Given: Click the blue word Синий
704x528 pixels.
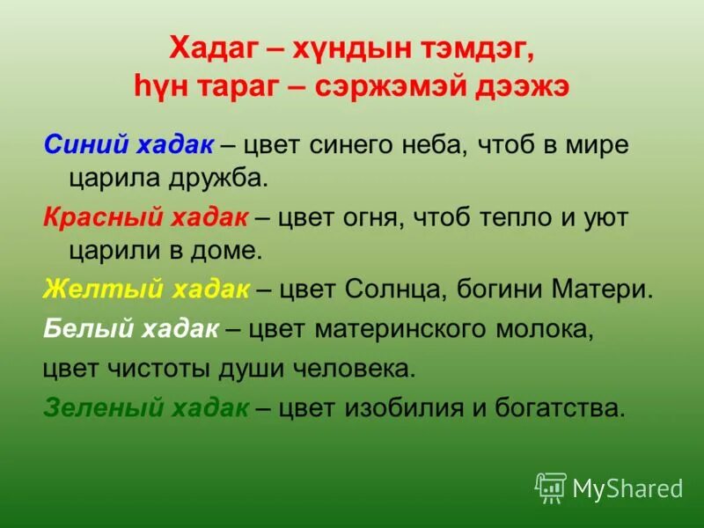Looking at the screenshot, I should click(80, 143).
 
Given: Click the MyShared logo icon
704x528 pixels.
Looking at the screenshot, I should click(551, 487).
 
